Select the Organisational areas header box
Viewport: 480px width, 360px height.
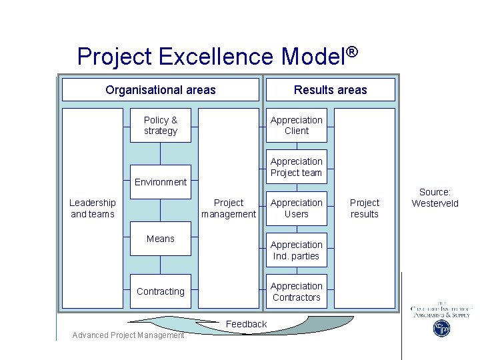click(x=160, y=89)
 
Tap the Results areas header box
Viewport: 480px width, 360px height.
click(x=330, y=89)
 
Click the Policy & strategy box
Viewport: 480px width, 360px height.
click(x=161, y=125)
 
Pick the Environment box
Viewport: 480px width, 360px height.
click(x=161, y=181)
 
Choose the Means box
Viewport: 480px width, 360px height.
click(x=161, y=239)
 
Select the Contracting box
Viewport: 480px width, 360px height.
click(x=161, y=291)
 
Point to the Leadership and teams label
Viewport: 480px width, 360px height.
click(x=93, y=208)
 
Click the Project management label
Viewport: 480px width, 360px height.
click(x=229, y=208)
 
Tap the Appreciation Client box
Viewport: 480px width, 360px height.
click(x=297, y=125)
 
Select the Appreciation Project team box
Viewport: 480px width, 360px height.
click(x=297, y=167)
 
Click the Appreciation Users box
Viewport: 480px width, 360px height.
click(x=297, y=208)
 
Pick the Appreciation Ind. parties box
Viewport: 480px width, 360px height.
click(x=297, y=250)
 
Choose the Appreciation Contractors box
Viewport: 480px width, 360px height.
click(x=297, y=291)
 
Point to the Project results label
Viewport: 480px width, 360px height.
click(x=365, y=208)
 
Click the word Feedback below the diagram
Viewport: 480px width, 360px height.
click(x=247, y=324)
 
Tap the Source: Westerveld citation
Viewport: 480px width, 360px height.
click(x=435, y=197)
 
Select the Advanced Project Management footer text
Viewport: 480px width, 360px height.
click(x=128, y=335)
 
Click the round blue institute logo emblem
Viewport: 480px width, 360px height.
click(x=441, y=328)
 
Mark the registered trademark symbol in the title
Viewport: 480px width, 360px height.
click(x=353, y=52)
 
